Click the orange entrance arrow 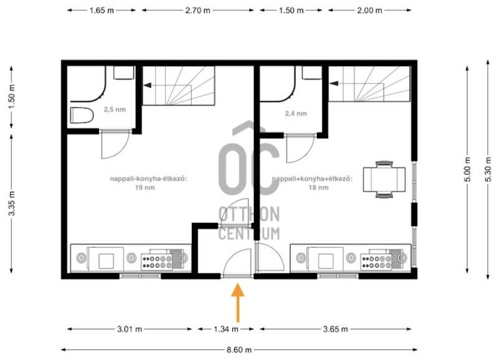(x=238, y=303)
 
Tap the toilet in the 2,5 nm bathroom (x=82, y=115)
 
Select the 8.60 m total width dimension (x=239, y=350)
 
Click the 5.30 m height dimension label (x=489, y=173)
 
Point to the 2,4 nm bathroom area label (x=296, y=113)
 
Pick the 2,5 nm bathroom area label (x=115, y=110)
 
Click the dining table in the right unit (x=384, y=179)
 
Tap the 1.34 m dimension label (x=226, y=329)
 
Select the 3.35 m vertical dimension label (x=12, y=203)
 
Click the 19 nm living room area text (x=145, y=187)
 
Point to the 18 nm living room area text (x=319, y=187)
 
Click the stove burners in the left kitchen (x=157, y=262)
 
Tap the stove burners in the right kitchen (x=377, y=262)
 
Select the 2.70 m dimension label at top (x=197, y=10)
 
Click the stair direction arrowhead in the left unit (x=147, y=85)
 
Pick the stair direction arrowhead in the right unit (x=334, y=83)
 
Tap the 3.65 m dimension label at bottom (x=336, y=329)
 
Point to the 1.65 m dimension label (x=101, y=10)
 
